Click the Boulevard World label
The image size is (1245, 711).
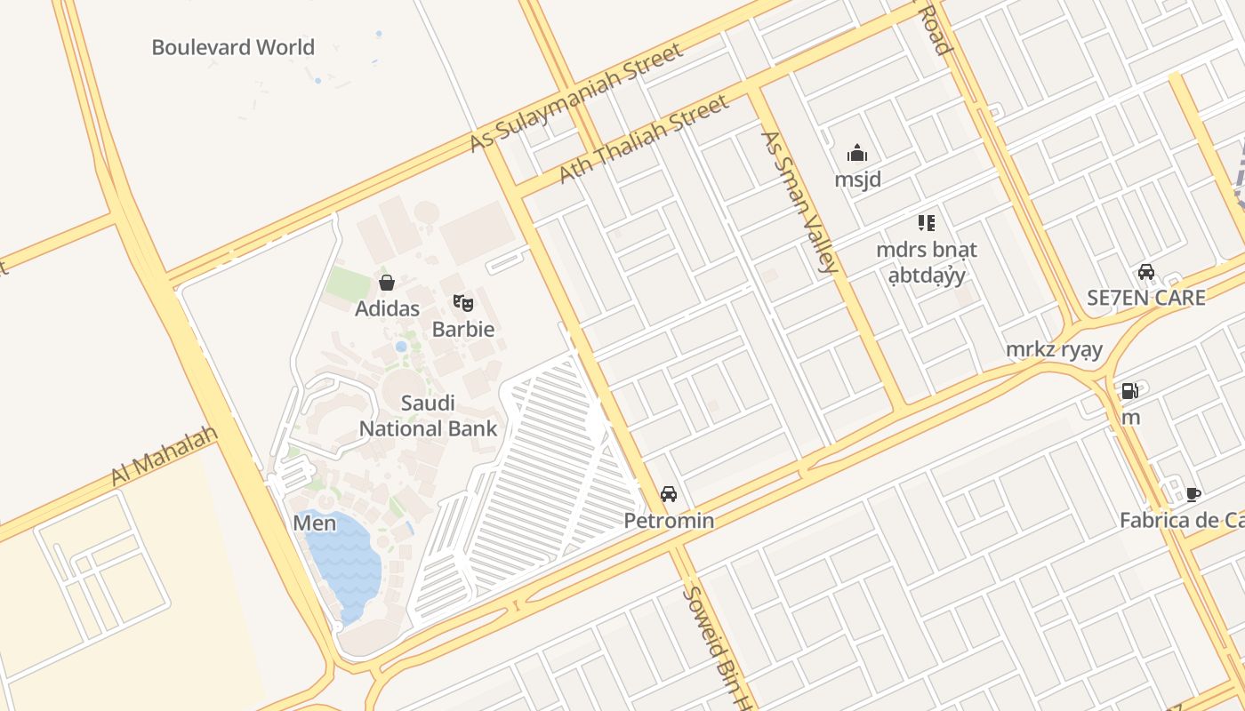click(233, 47)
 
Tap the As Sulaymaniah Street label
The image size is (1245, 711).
click(577, 97)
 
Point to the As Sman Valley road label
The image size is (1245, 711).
click(799, 202)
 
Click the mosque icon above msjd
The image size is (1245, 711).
click(857, 154)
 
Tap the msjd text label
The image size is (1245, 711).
click(857, 180)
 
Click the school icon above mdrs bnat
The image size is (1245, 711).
click(926, 223)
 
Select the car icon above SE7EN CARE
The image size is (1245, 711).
click(1146, 272)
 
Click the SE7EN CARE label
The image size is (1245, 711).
click(1146, 298)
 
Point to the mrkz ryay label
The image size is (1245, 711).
click(1054, 349)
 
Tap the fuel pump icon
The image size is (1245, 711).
click(1129, 390)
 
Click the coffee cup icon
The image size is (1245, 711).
click(1193, 494)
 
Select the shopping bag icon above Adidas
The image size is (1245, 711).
click(387, 284)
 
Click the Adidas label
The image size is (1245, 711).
click(387, 309)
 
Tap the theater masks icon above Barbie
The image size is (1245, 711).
click(462, 303)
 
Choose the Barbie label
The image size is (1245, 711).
click(462, 329)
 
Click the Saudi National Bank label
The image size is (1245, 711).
click(428, 416)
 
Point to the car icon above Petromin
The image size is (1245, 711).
click(669, 494)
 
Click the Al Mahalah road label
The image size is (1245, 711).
click(165, 456)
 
